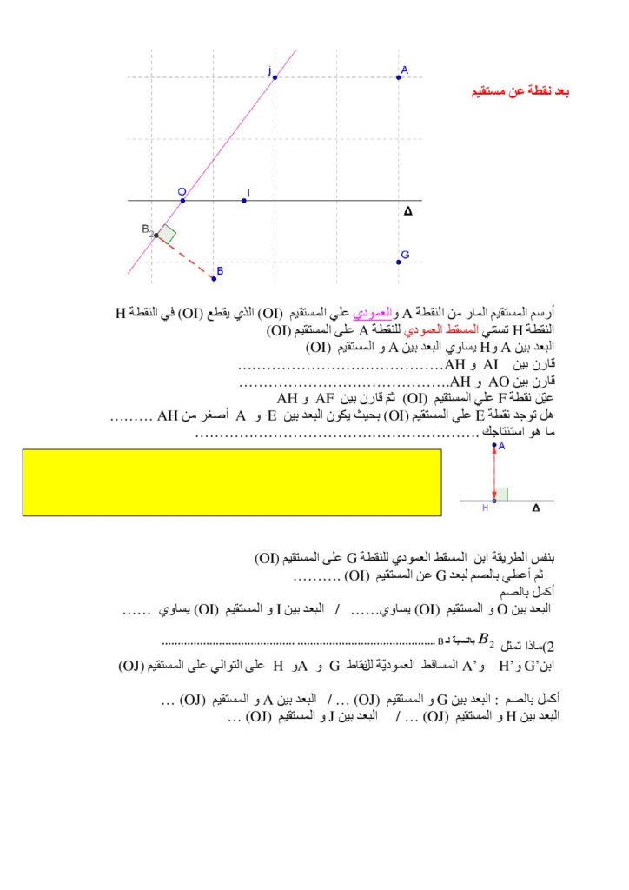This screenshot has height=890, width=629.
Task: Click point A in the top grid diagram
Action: pyautogui.click(x=399, y=77)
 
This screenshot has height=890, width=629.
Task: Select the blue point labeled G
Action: pyautogui.click(x=399, y=262)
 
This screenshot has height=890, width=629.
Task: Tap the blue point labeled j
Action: pyautogui.click(x=275, y=77)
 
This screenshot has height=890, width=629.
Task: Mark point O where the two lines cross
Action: pyautogui.click(x=182, y=201)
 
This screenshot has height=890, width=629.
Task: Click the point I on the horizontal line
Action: pyautogui.click(x=244, y=201)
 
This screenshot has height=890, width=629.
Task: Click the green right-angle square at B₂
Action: pyautogui.click(x=167, y=234)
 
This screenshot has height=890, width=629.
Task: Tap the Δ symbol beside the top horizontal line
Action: pyautogui.click(x=408, y=211)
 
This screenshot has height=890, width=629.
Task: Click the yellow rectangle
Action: pyautogui.click(x=232, y=482)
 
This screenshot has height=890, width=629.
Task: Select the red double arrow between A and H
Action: pyautogui.click(x=494, y=474)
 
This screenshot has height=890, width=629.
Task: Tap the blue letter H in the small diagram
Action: pyautogui.click(x=486, y=509)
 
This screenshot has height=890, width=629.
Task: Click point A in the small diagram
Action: pyautogui.click(x=494, y=446)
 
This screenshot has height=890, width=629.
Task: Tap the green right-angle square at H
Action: pyautogui.click(x=501, y=495)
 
